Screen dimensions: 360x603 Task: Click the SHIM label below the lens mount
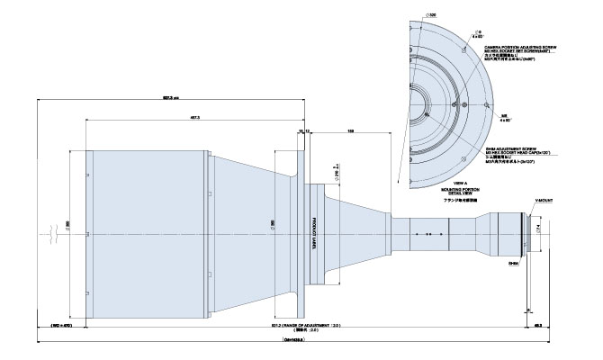click(515, 265)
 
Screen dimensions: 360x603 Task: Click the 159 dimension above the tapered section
click(349, 130)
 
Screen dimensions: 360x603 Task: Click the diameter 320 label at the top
click(432, 16)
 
